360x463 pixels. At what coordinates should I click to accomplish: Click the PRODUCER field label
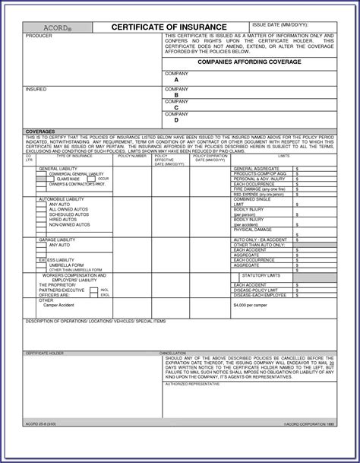[x=39, y=36]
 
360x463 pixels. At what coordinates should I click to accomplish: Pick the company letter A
[x=175, y=78]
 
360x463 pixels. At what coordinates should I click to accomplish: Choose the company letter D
[x=175, y=119]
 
